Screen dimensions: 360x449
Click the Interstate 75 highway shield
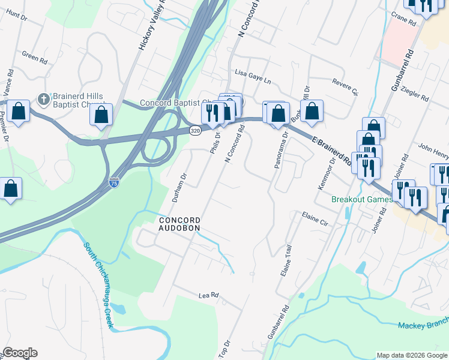click(x=113, y=182)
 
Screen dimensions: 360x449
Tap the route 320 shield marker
click(x=194, y=130)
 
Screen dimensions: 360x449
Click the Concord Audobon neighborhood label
click(x=179, y=224)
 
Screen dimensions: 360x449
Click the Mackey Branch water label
click(x=423, y=325)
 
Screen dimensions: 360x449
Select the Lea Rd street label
click(x=208, y=296)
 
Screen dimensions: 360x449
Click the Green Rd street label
click(x=34, y=58)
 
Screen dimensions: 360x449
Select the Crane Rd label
click(x=403, y=22)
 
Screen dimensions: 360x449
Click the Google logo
click(x=20, y=353)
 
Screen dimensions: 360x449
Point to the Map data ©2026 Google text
click(x=411, y=355)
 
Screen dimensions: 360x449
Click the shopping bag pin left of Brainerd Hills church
click(x=19, y=112)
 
